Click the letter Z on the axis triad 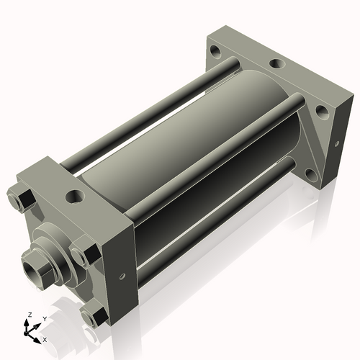point(30,315)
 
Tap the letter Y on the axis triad point(45,319)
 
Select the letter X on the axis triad point(45,340)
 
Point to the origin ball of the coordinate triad point(26,333)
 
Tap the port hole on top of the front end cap point(75,196)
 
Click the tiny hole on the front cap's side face point(122,276)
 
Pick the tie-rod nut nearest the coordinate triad point(94,316)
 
